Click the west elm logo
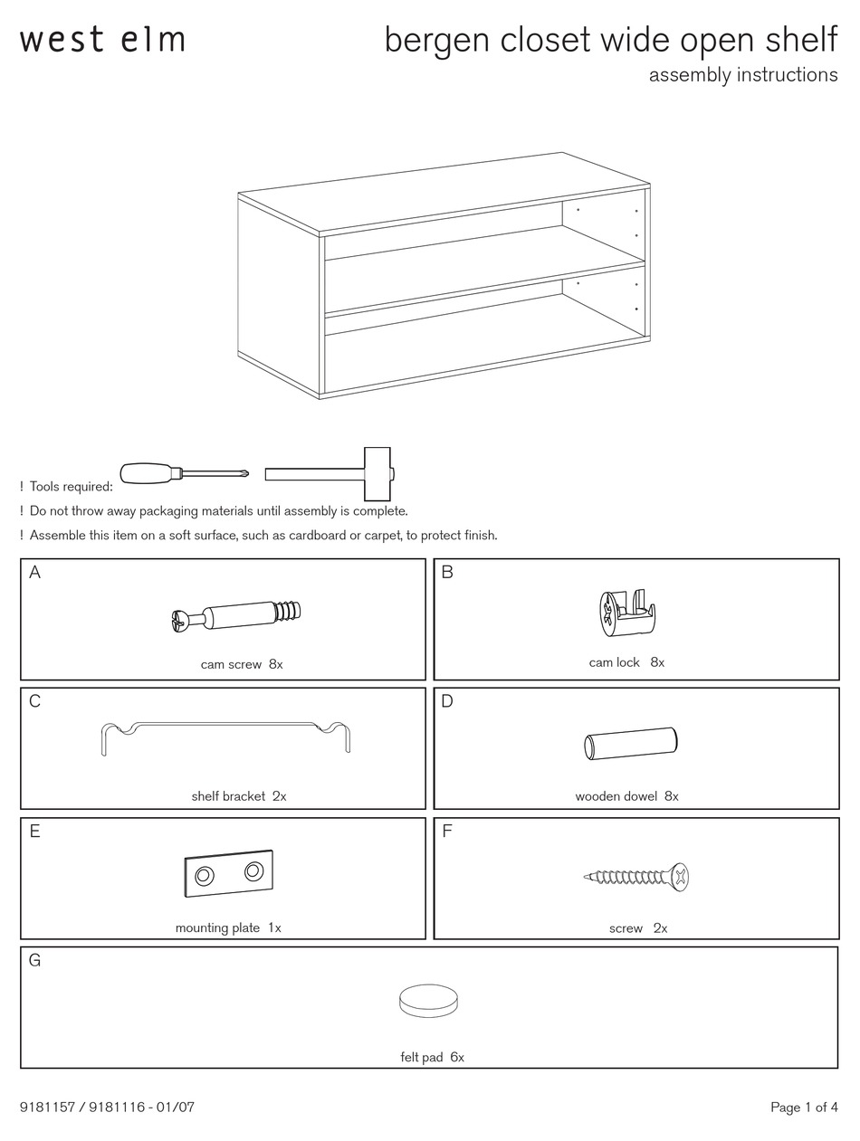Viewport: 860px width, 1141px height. (102, 40)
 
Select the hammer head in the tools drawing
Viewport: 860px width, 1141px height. (377, 473)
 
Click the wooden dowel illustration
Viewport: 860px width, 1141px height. (630, 743)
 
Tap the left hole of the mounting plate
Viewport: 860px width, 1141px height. (205, 875)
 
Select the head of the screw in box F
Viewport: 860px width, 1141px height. (679, 876)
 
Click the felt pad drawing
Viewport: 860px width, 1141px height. (428, 1001)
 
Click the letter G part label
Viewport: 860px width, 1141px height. (35, 960)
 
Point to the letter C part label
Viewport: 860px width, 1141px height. (34, 701)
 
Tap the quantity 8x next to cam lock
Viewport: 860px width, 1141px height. (657, 662)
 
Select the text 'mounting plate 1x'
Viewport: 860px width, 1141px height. (228, 927)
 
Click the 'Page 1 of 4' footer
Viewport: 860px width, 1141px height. (804, 1108)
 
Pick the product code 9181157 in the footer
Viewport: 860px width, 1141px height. (52, 1108)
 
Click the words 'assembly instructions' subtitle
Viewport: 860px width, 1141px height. (742, 75)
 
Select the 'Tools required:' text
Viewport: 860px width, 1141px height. (71, 487)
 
